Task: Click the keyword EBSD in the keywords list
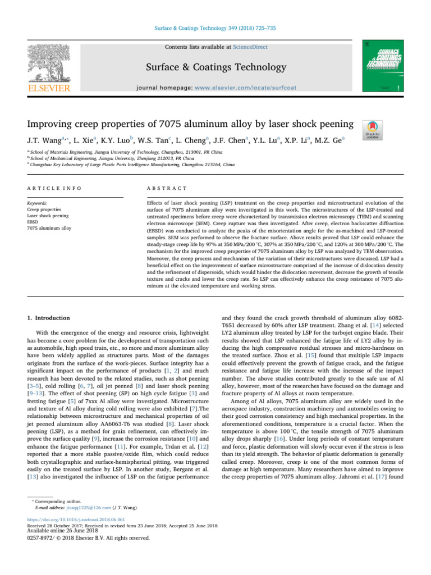tap(33, 222)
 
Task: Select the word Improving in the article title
tap(51, 123)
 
